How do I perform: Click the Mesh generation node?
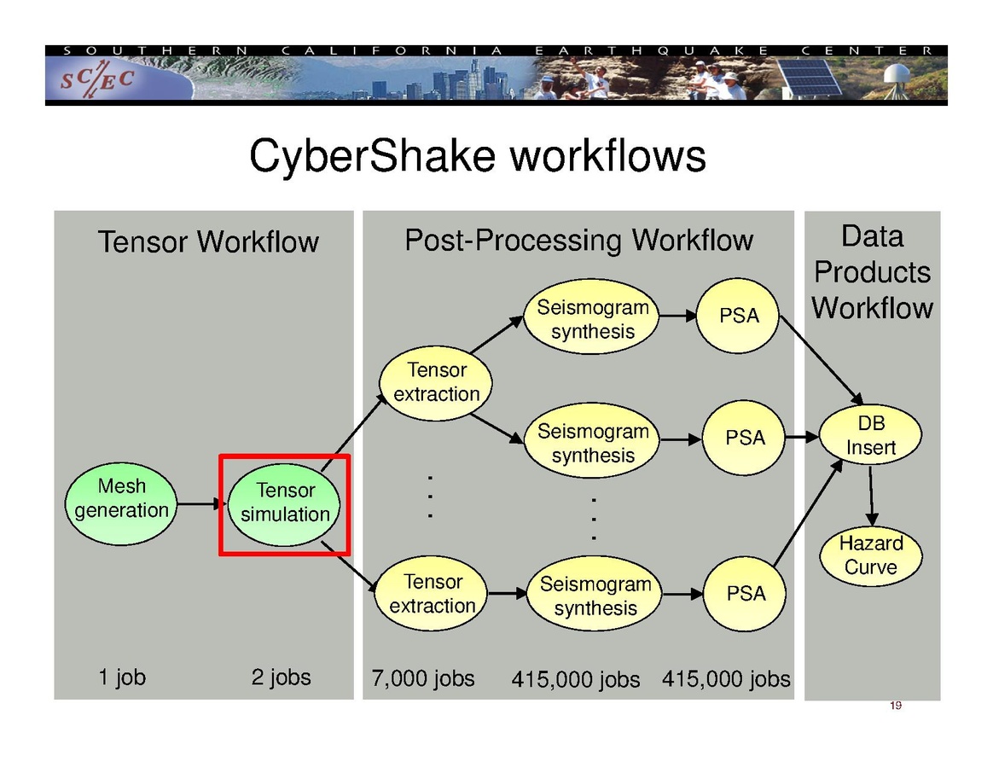tap(122, 499)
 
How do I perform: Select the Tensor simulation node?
tap(285, 503)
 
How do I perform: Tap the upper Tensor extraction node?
tap(436, 382)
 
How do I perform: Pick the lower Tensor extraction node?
tap(433, 594)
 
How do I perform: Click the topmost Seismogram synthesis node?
tap(593, 319)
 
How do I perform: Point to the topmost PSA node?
tap(739, 316)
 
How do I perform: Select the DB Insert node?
tap(871, 435)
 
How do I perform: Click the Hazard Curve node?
tap(871, 555)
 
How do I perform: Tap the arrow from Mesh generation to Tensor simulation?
tap(200, 503)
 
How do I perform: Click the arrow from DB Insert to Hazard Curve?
tap(871, 496)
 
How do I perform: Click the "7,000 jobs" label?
tap(423, 679)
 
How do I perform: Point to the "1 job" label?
tap(122, 677)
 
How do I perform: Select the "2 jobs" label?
tap(281, 677)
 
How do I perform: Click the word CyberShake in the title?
tap(372, 157)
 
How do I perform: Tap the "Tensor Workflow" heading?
tap(208, 242)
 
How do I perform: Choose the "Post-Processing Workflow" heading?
tap(578, 241)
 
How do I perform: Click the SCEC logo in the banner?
tap(96, 79)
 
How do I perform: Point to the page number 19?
tap(896, 706)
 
